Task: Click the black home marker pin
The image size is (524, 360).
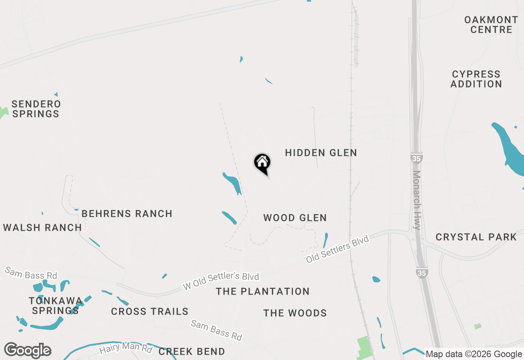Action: (x=262, y=163)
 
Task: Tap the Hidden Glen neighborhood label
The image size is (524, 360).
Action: (x=321, y=153)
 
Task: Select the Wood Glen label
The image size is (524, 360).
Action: (x=295, y=218)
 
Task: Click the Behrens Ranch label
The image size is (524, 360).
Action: (x=127, y=214)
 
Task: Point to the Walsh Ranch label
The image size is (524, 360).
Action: (x=43, y=228)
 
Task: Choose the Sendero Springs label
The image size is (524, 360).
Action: (x=36, y=109)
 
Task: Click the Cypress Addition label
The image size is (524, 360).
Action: (x=476, y=79)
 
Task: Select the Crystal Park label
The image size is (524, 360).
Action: (x=476, y=237)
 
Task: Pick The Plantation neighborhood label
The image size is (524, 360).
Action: (x=263, y=292)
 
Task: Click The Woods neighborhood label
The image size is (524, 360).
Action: (x=295, y=313)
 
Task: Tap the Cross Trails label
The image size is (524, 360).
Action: (x=150, y=312)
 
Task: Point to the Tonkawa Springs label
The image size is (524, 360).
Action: (x=55, y=306)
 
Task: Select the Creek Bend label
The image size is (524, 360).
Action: (x=192, y=351)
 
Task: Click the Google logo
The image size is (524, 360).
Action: (x=27, y=350)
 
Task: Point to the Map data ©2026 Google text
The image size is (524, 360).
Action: (x=474, y=354)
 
